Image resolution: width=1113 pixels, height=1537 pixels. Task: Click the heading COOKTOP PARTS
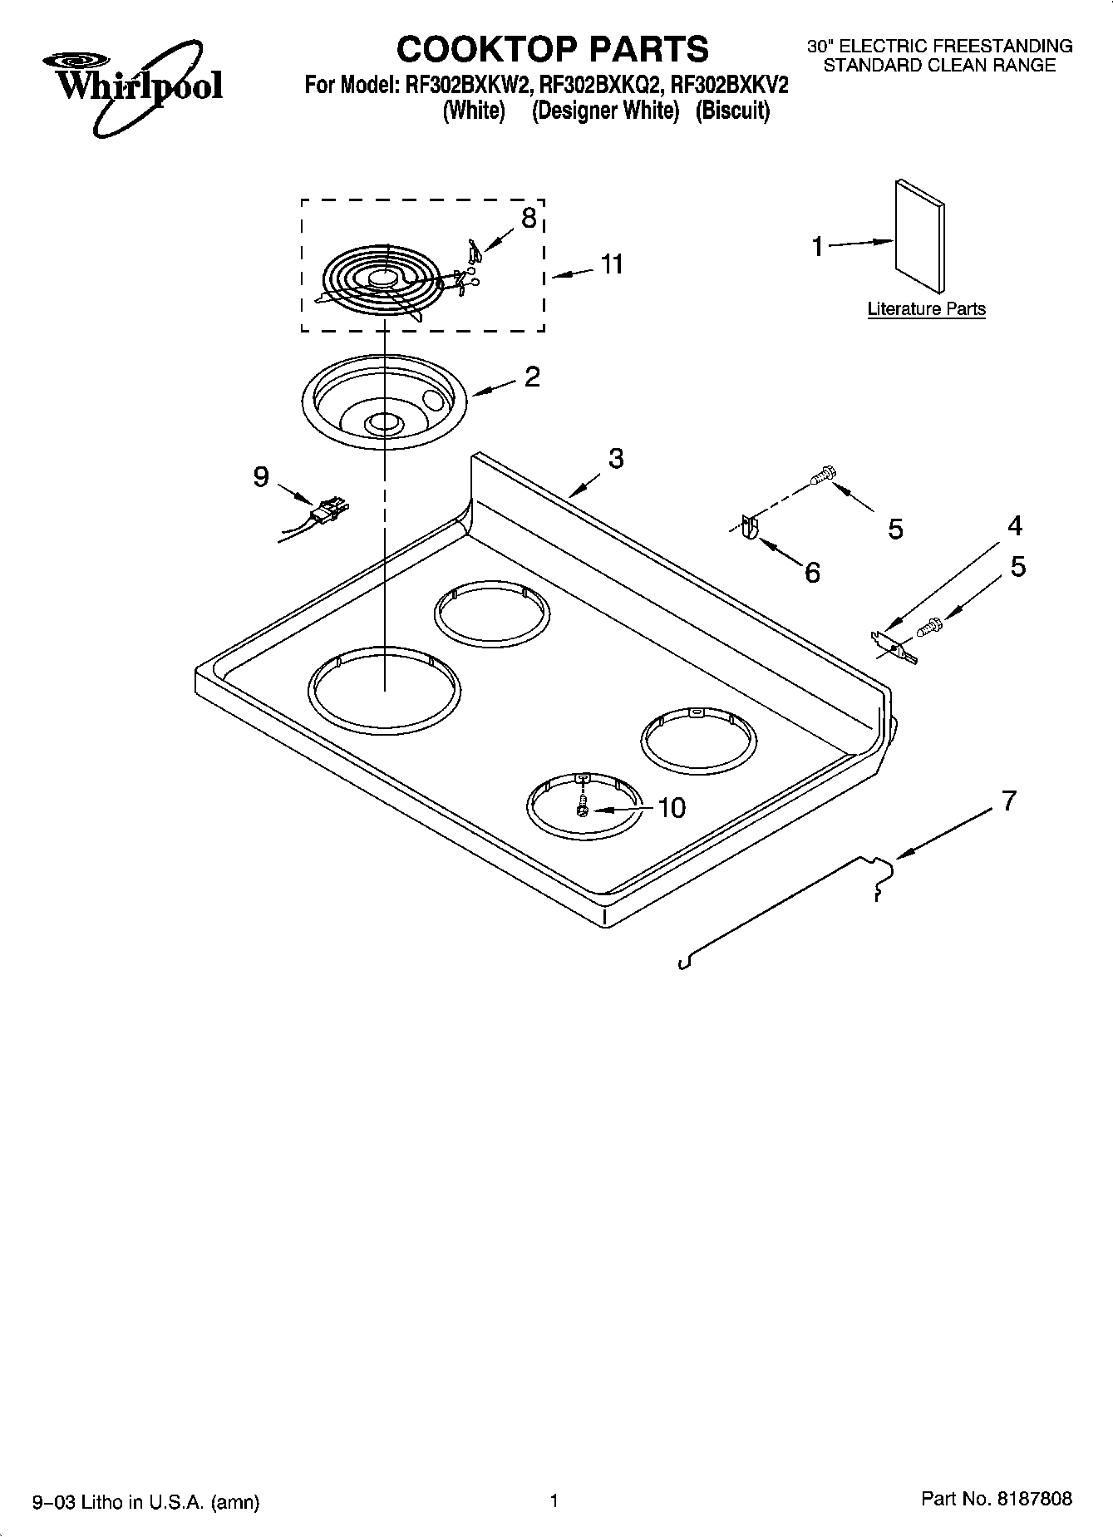pyautogui.click(x=553, y=49)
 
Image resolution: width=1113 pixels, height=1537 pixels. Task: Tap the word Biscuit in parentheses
pyautogui.click(x=732, y=111)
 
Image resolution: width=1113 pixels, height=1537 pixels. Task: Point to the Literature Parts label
pyautogui.click(x=926, y=309)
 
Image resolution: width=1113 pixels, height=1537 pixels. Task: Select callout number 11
pyautogui.click(x=611, y=264)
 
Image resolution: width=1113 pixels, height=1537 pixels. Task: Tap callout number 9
pyautogui.click(x=261, y=477)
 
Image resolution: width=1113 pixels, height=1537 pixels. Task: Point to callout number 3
pyautogui.click(x=615, y=458)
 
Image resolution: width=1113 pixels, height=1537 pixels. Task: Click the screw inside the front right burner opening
pyautogui.click(x=583, y=807)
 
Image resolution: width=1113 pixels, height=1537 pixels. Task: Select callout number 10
pyautogui.click(x=671, y=807)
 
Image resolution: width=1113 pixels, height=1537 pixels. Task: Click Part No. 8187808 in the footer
pyautogui.click(x=996, y=1500)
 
